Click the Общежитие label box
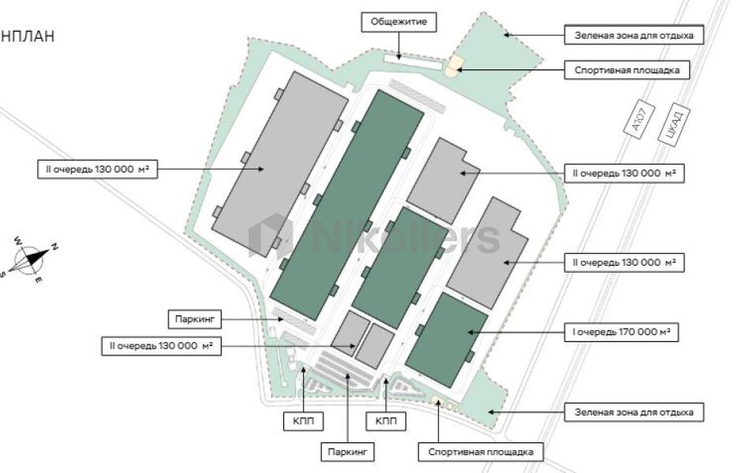pyautogui.click(x=399, y=22)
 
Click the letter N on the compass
pyautogui.click(x=54, y=247)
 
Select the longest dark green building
pyautogui.click(x=351, y=203)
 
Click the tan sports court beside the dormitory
pyautogui.click(x=453, y=67)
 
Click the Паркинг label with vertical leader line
pyautogui.click(x=346, y=452)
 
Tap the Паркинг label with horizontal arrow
pyautogui.click(x=195, y=319)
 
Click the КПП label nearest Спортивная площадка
pyautogui.click(x=386, y=422)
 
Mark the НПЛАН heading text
pyautogui.click(x=28, y=35)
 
